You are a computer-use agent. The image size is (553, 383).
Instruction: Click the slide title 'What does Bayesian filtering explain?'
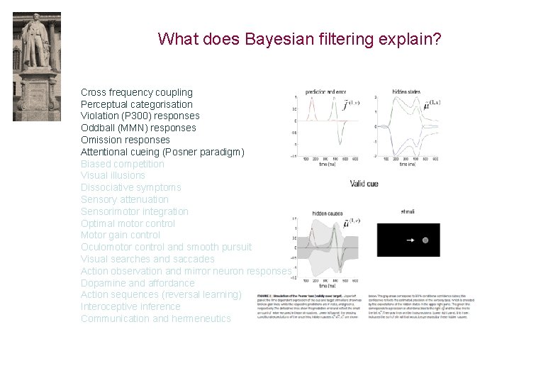pyautogui.click(x=299, y=38)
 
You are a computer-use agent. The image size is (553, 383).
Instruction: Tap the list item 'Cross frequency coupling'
pyautogui.click(x=136, y=92)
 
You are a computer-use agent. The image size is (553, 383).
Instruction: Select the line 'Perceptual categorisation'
pyautogui.click(x=136, y=104)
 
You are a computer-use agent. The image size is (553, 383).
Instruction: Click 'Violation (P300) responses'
pyautogui.click(x=140, y=116)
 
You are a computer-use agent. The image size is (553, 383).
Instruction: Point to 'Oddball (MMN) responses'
pyautogui.click(x=138, y=128)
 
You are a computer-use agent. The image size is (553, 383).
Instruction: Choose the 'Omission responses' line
pyautogui.click(x=125, y=140)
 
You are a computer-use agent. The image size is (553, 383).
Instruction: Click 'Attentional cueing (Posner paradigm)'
pyautogui.click(x=162, y=152)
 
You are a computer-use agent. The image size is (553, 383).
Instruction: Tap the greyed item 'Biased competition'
pyautogui.click(x=122, y=164)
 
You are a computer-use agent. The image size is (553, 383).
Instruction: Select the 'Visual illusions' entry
pyautogui.click(x=113, y=175)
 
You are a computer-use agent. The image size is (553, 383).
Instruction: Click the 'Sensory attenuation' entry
pyautogui.click(x=124, y=199)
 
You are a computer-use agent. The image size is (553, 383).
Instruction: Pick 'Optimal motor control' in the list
pyautogui.click(x=128, y=223)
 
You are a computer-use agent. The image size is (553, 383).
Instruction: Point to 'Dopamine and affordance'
pyautogui.click(x=133, y=283)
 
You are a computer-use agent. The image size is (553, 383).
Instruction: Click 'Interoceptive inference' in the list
pyautogui.click(x=130, y=306)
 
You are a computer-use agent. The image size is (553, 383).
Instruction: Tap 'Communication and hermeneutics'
pyautogui.click(x=155, y=318)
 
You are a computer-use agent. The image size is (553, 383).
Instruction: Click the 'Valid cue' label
pyautogui.click(x=364, y=184)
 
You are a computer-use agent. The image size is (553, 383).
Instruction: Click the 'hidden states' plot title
pyautogui.click(x=406, y=92)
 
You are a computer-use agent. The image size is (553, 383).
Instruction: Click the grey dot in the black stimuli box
pyautogui.click(x=425, y=240)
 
